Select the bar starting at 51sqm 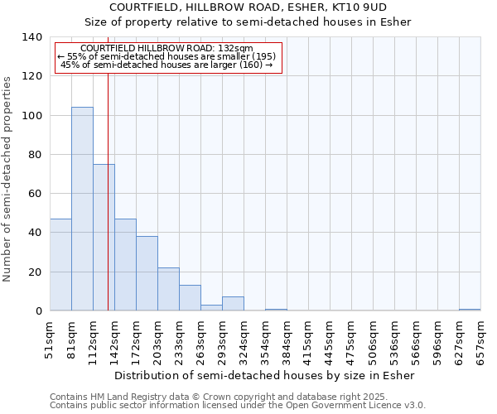60,265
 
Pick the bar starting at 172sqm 147,273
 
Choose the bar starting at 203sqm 168,289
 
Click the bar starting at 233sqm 190,298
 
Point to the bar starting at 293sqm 233,304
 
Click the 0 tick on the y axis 39,311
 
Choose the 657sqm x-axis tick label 481,339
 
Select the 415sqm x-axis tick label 309,339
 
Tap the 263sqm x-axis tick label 201,339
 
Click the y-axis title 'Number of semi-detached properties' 8,179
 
